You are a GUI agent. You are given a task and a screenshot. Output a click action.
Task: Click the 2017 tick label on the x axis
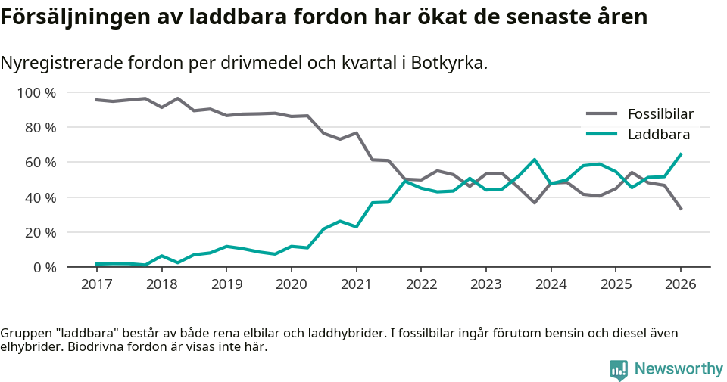tap(96, 284)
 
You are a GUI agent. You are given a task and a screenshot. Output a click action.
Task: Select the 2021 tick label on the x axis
tap(356, 284)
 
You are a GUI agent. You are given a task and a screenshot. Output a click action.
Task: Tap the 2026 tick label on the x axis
tap(680, 284)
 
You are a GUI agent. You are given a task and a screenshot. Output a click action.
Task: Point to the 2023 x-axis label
tap(485, 284)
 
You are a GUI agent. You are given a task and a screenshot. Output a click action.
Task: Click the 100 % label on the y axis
tap(36, 93)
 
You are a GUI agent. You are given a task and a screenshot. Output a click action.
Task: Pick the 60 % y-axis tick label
tap(40, 163)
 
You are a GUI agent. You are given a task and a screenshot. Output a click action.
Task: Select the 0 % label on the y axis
tap(44, 267)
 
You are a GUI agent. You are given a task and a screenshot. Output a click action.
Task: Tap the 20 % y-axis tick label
tap(40, 232)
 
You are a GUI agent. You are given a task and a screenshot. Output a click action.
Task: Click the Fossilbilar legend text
tap(660, 114)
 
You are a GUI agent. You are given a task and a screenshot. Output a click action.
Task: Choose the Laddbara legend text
tap(658, 135)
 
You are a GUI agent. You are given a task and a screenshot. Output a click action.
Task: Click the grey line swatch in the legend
tap(602, 114)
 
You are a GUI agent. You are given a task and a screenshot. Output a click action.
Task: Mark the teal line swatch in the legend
tap(602, 135)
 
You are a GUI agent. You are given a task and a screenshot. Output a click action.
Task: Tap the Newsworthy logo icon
tap(618, 369)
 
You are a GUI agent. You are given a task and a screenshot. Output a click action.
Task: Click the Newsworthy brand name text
tap(679, 369)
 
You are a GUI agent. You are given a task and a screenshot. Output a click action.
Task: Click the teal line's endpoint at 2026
tap(681, 154)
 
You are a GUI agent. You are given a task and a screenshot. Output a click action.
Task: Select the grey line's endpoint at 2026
tap(681, 209)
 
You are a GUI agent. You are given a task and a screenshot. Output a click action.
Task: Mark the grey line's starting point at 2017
tap(96, 100)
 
